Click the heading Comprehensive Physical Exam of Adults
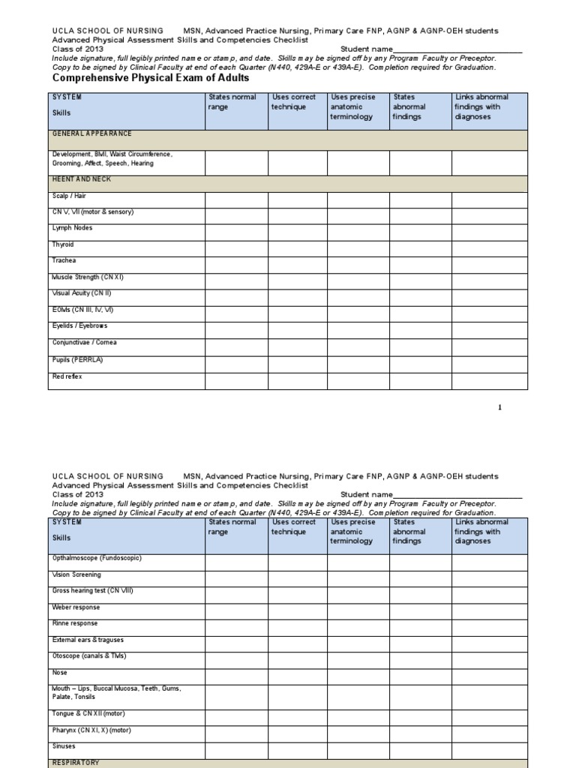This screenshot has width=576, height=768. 150,78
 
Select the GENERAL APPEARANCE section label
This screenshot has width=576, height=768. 91,133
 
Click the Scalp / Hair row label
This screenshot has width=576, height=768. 69,196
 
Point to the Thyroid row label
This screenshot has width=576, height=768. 63,244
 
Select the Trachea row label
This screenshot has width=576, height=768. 64,261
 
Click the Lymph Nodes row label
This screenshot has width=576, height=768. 73,228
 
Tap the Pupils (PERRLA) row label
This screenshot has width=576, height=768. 77,360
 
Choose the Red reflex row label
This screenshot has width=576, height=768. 67,376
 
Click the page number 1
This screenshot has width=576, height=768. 500,407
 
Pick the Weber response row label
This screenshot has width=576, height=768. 75,607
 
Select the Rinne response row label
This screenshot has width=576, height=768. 74,623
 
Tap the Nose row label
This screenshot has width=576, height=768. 59,673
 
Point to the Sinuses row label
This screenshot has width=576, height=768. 64,746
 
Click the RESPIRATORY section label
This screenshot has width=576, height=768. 75,762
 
